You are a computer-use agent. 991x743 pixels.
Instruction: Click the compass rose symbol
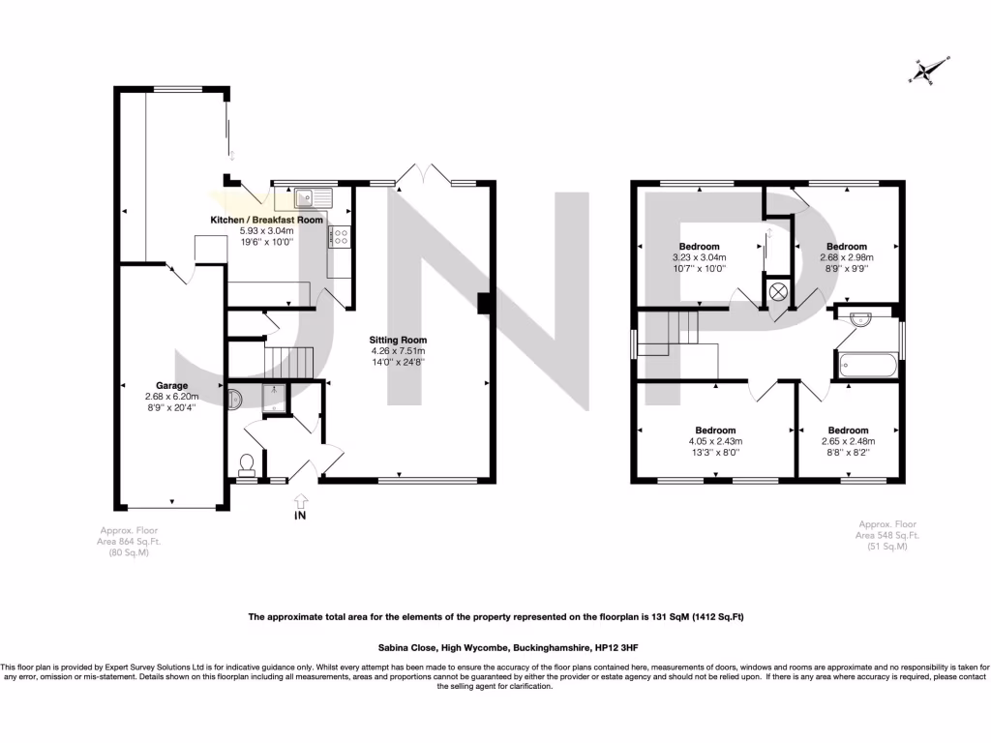click(x=927, y=70)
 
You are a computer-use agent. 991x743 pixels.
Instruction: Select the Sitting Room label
click(x=398, y=340)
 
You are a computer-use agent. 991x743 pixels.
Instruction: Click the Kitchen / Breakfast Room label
click(x=267, y=220)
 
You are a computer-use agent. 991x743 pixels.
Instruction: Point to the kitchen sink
click(x=313, y=198)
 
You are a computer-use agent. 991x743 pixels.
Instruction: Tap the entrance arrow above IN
click(x=301, y=500)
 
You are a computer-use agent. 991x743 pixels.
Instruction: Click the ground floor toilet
click(x=247, y=464)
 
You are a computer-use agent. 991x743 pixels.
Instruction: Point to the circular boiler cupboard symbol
click(x=777, y=293)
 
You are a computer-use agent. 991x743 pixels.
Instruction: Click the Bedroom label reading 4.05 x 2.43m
click(x=715, y=441)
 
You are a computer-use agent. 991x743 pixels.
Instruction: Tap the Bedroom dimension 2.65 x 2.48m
click(x=848, y=441)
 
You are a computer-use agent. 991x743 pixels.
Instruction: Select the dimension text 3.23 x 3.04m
click(x=699, y=257)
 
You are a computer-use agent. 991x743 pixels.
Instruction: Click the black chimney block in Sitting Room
click(x=486, y=303)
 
